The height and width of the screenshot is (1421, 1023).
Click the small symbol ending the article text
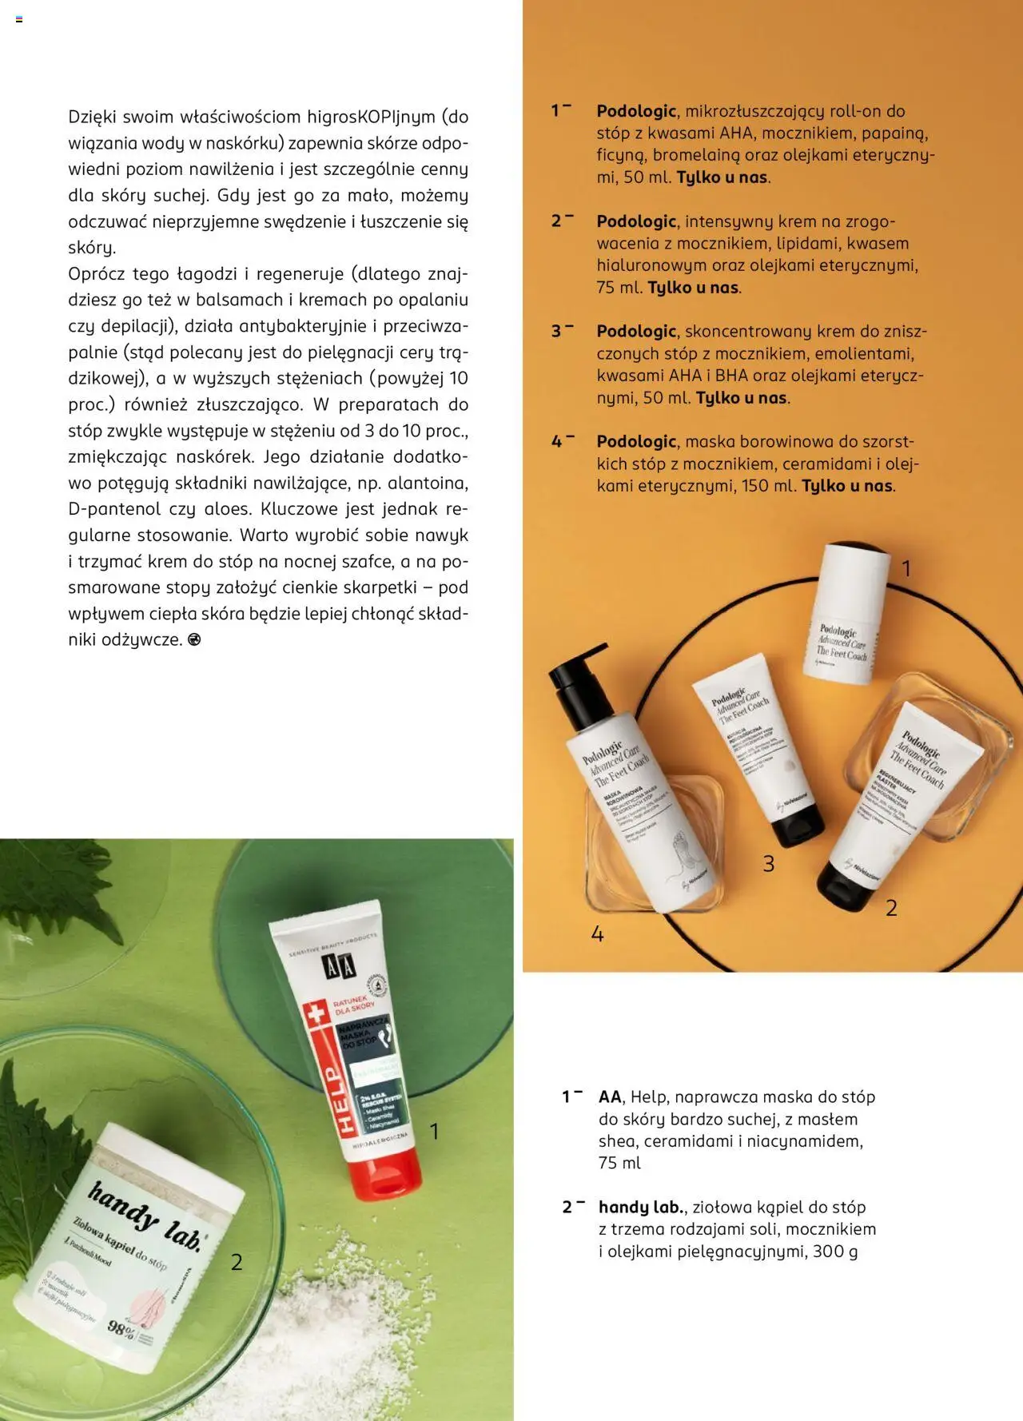tap(193, 640)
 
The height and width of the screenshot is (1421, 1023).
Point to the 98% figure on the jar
tap(121, 1328)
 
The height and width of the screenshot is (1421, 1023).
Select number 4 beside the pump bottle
tap(597, 933)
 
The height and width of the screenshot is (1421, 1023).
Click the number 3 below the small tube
tap(768, 864)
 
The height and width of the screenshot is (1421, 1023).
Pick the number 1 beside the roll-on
tap(906, 569)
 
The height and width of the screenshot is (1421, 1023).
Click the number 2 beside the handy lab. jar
tap(237, 1262)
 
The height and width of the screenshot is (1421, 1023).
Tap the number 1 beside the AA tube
tap(434, 1131)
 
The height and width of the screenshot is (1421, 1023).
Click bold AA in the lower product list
tap(610, 1097)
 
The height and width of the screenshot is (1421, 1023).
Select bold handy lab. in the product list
tap(641, 1208)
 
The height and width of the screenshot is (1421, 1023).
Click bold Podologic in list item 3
tap(636, 332)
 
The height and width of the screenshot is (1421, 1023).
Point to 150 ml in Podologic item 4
tap(766, 486)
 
